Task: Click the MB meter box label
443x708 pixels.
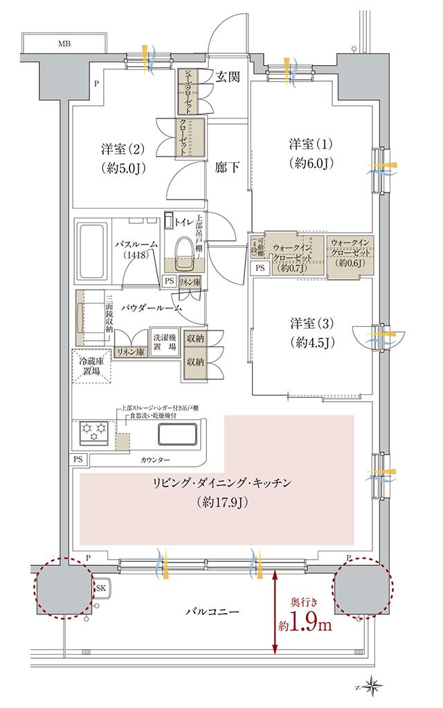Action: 64,44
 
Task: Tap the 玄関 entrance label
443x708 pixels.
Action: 226,77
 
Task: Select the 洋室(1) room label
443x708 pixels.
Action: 311,145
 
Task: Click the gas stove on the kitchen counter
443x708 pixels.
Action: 93,433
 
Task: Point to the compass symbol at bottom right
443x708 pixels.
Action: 374,685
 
